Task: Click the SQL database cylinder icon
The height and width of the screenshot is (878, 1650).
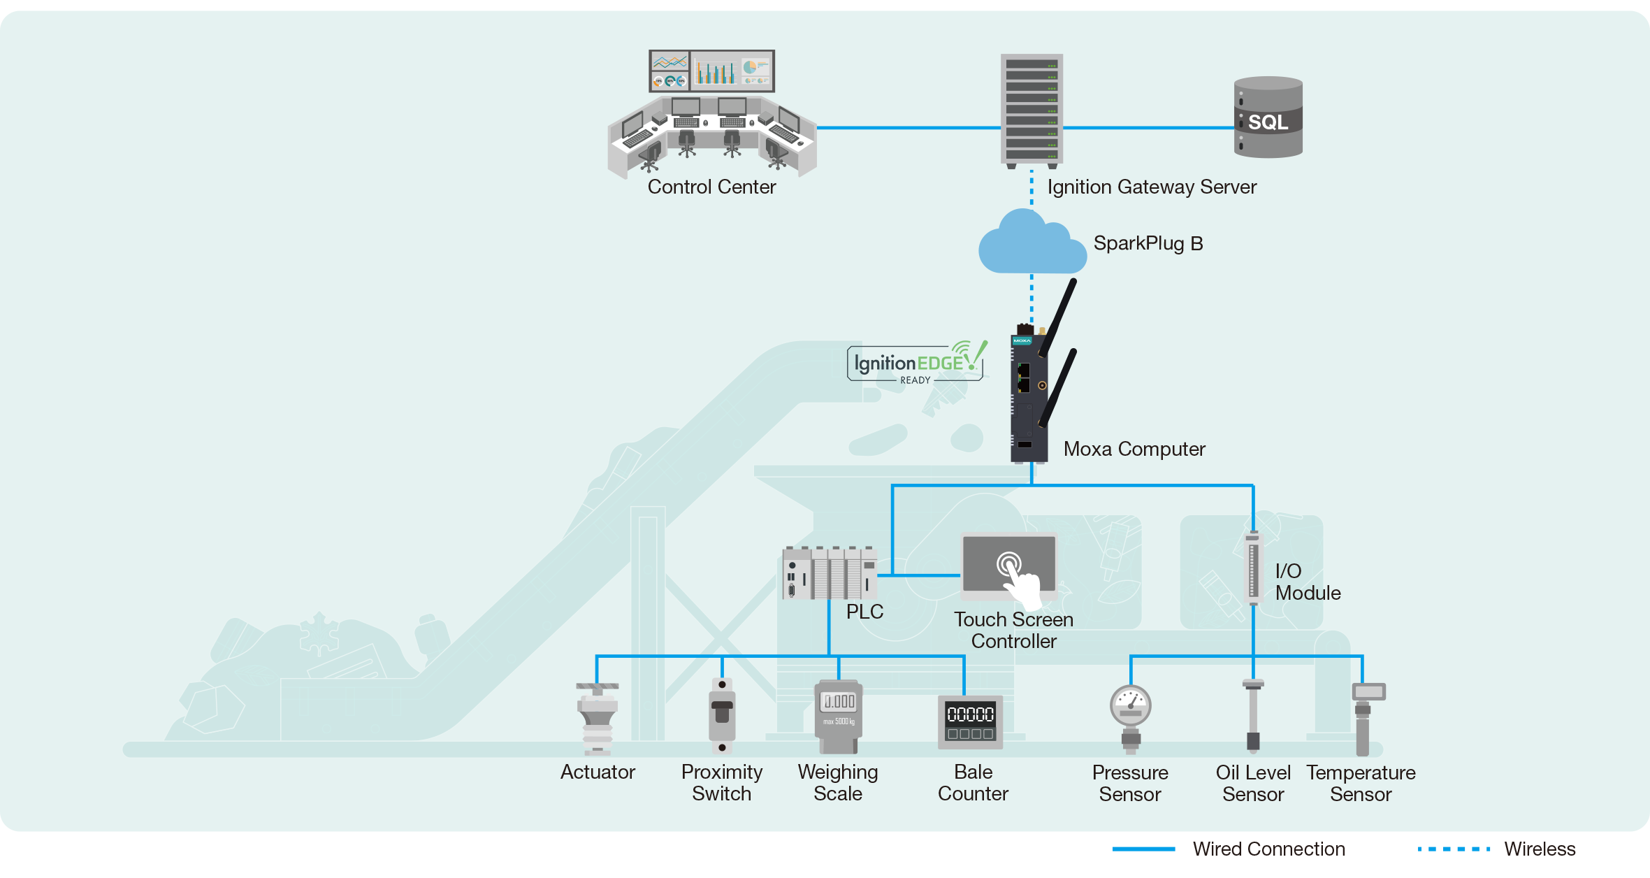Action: [x=1268, y=117]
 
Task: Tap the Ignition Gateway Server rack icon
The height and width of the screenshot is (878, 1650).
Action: [x=1032, y=110]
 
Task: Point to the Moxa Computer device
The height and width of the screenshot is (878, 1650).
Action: [x=1028, y=395]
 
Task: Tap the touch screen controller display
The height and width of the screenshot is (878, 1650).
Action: [x=1009, y=565]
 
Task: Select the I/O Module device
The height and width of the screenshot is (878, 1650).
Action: [x=1253, y=568]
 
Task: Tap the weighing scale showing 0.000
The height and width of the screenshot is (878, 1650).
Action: [x=839, y=717]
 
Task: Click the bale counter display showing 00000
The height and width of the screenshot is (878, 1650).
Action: [x=970, y=722]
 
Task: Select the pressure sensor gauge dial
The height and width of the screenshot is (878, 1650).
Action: [x=1130, y=705]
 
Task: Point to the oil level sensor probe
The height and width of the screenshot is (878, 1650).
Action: [x=1253, y=716]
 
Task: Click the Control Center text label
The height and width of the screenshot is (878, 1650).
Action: [x=711, y=187]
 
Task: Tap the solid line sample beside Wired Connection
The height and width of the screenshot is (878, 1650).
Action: [x=1143, y=849]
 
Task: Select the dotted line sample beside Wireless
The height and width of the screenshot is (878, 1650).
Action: [x=1454, y=849]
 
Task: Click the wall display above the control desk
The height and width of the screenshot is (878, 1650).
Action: [x=711, y=71]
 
